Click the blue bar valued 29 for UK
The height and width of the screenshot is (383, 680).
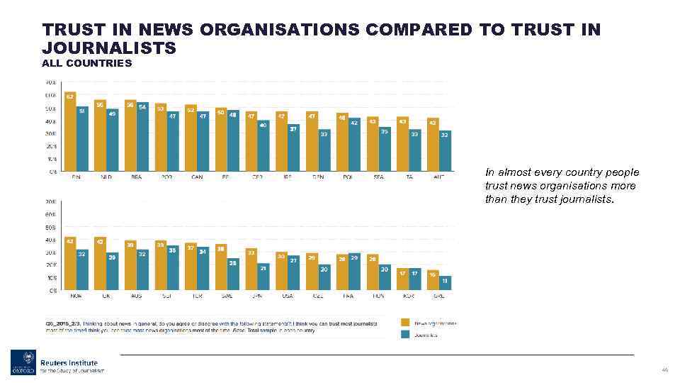[113, 272]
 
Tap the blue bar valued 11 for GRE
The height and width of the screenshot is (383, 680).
[446, 283]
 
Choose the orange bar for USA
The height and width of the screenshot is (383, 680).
[281, 271]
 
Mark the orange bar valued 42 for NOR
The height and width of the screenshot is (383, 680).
[70, 264]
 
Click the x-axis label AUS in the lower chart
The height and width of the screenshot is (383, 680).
[136, 296]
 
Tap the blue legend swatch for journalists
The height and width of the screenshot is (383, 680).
[405, 335]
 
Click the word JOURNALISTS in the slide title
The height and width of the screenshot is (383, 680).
[109, 48]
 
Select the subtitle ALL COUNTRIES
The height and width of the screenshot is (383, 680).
[87, 64]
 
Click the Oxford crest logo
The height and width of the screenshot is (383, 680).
[22, 362]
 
